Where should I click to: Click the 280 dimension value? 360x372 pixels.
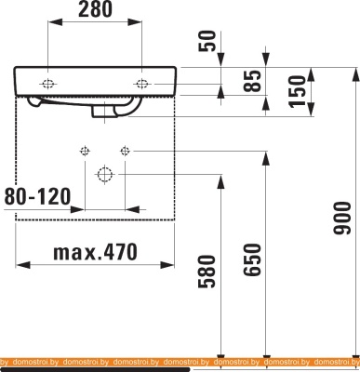(x=95, y=9)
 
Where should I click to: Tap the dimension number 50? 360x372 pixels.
(x=207, y=41)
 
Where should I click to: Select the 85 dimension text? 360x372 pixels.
(x=251, y=81)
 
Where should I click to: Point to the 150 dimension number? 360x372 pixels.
(x=297, y=91)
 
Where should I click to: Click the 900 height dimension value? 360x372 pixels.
(x=342, y=218)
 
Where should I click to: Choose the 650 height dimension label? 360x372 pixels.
(x=251, y=259)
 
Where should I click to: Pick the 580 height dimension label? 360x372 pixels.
(x=207, y=272)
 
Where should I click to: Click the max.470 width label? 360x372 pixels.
(x=95, y=252)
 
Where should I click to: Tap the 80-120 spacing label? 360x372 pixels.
(x=37, y=196)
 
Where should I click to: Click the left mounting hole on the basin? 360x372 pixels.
(x=47, y=84)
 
